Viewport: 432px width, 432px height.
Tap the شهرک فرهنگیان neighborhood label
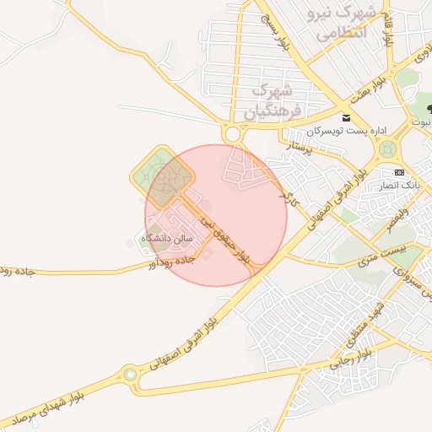tap(273, 100)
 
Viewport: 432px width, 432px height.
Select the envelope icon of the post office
tap(346, 118)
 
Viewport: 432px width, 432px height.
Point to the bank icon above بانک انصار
tap(399, 171)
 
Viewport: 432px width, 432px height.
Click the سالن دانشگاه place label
tap(167, 239)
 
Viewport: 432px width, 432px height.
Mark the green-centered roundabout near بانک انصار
tap(387, 149)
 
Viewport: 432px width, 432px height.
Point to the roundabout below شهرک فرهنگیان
tap(232, 134)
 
